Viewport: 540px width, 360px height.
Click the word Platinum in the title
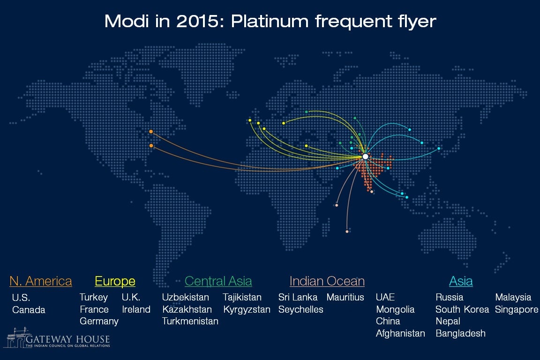click(270, 22)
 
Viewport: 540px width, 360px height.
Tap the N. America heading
click(41, 281)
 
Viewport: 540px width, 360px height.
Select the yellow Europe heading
click(115, 281)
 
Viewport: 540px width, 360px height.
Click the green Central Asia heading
click(218, 281)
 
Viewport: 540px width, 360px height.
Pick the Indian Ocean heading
click(327, 281)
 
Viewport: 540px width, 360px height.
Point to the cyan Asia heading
click(461, 281)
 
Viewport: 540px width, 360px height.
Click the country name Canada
click(29, 310)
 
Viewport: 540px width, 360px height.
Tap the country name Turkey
click(94, 297)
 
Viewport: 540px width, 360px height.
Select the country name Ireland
click(136, 309)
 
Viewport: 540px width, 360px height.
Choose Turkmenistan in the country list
click(190, 321)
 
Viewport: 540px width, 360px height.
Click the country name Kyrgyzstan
click(247, 310)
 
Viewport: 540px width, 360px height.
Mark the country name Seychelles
click(300, 310)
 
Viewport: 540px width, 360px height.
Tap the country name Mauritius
click(345, 297)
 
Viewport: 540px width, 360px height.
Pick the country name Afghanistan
click(400, 333)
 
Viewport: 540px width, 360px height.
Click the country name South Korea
click(462, 309)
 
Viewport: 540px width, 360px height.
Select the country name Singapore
click(517, 310)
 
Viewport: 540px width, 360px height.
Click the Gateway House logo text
click(67, 339)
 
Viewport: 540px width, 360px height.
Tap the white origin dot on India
click(366, 157)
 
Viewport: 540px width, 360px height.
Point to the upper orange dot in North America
click(151, 132)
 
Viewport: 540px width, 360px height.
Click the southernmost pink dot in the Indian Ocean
click(347, 232)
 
